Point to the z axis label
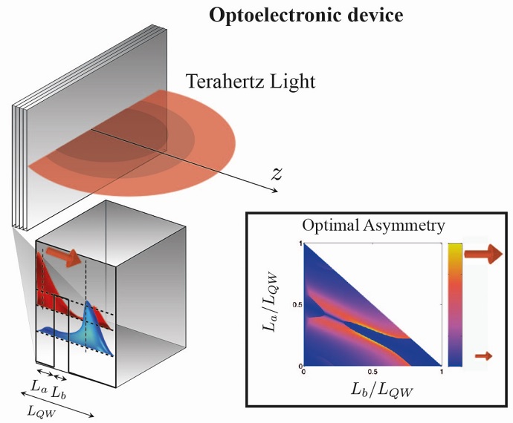point(277,174)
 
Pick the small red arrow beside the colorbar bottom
point(483,356)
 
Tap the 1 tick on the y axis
point(300,243)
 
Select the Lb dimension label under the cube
point(59,389)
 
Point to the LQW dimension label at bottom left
point(38,410)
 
